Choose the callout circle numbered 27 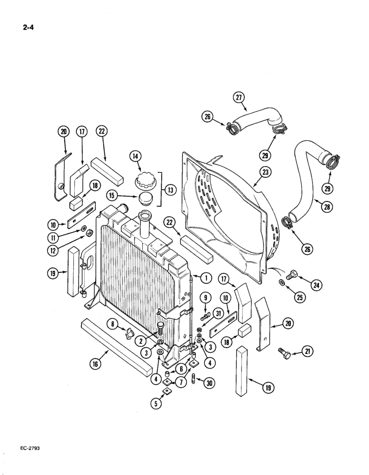pos(239,98)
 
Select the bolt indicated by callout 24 pos(291,275)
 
